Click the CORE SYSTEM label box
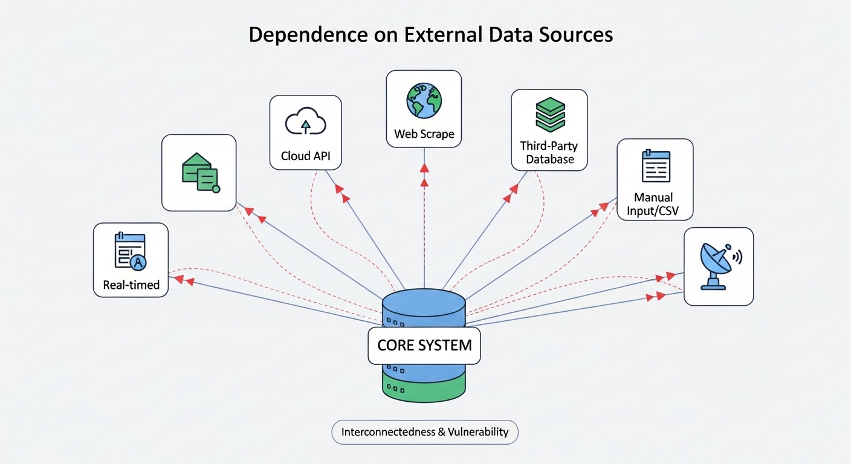pos(424,346)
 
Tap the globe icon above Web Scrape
pos(424,100)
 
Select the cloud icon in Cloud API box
pos(305,123)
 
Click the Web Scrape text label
pos(424,134)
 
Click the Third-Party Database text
pos(549,153)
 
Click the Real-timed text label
pos(131,285)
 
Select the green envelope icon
pos(199,172)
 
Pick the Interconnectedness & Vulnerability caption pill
pos(425,433)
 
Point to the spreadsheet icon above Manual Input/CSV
pos(655,166)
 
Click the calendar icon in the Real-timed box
pos(130,251)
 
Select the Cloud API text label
pos(305,156)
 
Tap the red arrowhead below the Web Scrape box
pos(424,166)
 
